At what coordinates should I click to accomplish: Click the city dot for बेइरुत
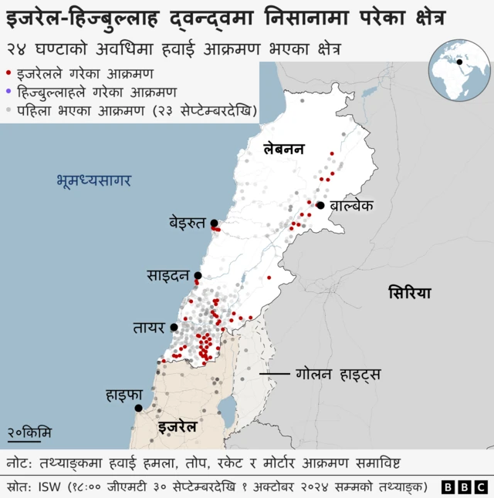[x=214, y=224]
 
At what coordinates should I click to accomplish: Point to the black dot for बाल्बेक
[x=320, y=205]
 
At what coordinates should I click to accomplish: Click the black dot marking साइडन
[x=198, y=275]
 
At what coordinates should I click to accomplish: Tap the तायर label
[x=148, y=328]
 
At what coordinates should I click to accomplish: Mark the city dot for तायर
[x=174, y=328]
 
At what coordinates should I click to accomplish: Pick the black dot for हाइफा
[x=138, y=408]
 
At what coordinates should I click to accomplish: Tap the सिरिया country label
[x=410, y=293]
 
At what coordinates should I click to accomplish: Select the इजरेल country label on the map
[x=178, y=426]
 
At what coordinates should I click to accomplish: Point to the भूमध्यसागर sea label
[x=93, y=181]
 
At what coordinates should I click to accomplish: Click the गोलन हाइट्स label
[x=338, y=375]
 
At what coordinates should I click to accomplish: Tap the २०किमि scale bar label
[x=29, y=433]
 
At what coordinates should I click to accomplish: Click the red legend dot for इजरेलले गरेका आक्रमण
[x=8, y=74]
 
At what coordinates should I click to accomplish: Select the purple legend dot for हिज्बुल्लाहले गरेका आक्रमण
[x=8, y=92]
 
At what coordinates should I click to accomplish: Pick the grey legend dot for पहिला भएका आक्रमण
[x=8, y=109]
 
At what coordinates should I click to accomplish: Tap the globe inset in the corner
[x=459, y=72]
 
